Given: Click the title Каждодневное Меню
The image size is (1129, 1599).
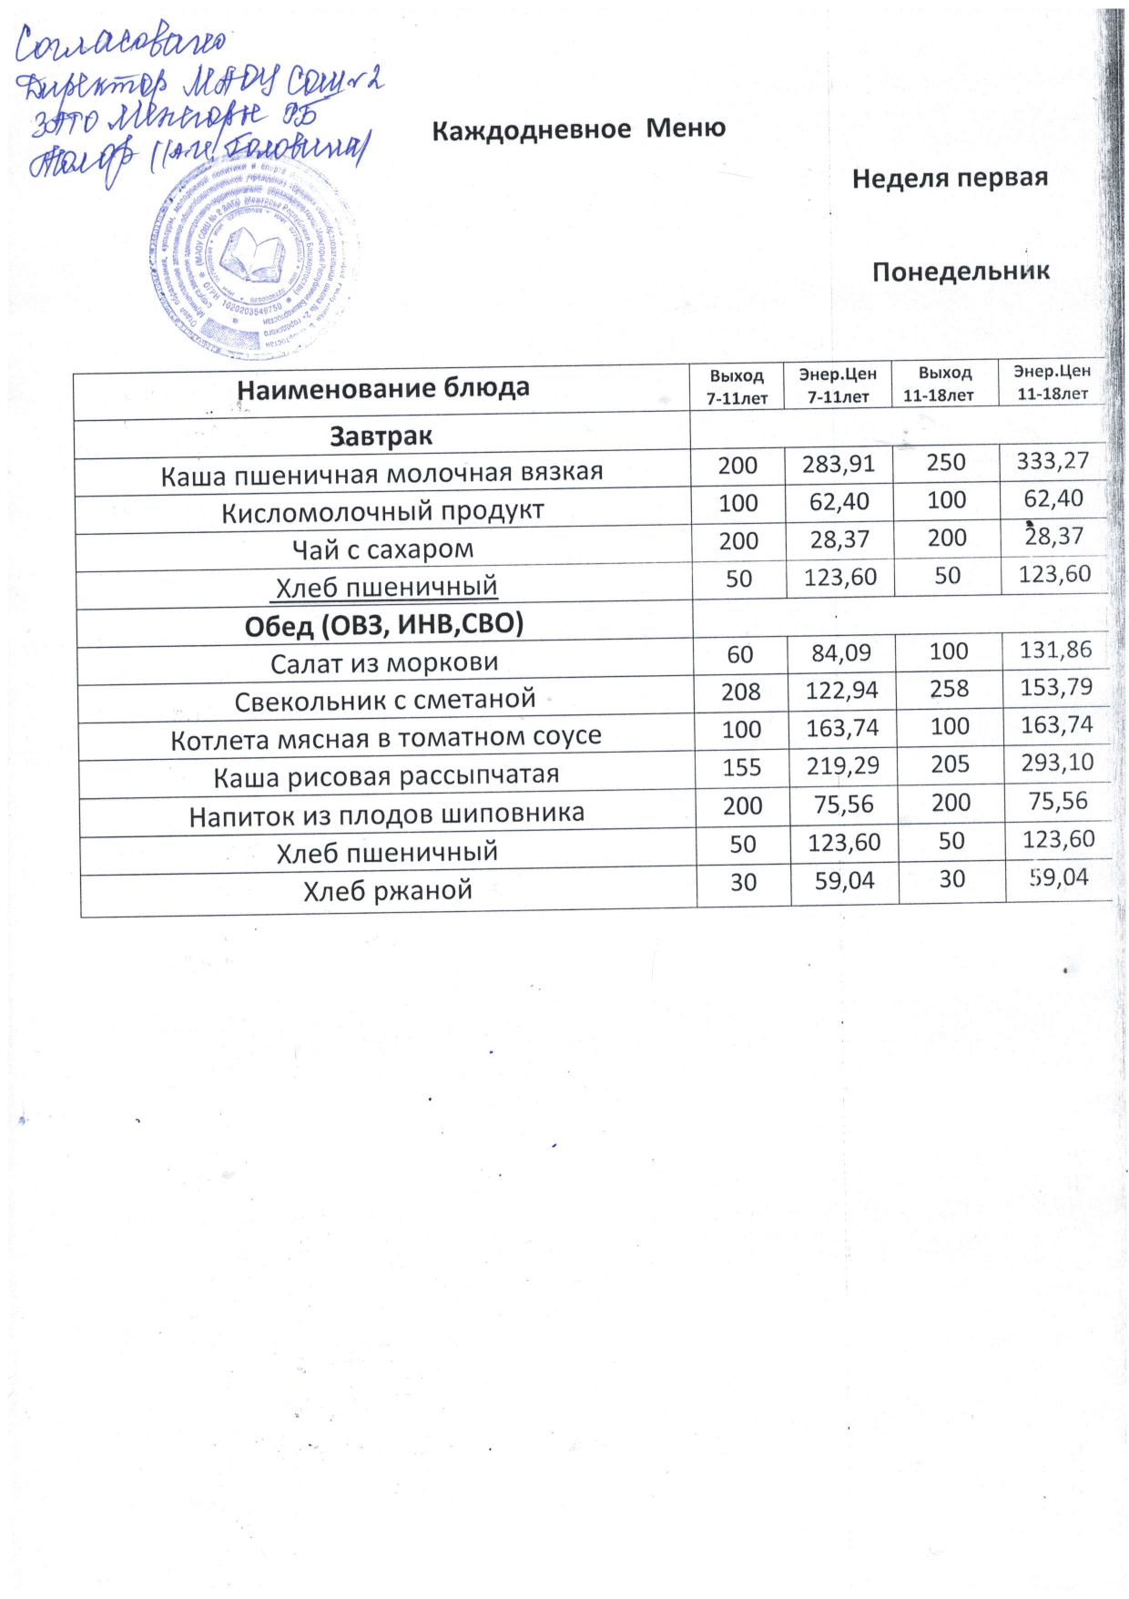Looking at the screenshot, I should (578, 129).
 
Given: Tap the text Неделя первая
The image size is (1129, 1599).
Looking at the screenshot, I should (950, 179).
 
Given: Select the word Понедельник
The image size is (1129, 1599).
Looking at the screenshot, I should (961, 272).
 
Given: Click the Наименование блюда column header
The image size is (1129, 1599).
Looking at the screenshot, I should (382, 389).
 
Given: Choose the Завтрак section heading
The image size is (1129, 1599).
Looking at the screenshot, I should (381, 436).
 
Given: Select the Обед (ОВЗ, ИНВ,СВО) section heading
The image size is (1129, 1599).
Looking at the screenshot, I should (383, 626).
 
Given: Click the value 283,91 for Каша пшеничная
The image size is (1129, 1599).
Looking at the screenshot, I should (838, 464).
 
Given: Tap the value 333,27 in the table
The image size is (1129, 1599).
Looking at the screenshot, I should (1053, 461).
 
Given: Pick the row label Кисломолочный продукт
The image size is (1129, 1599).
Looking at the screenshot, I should (382, 512).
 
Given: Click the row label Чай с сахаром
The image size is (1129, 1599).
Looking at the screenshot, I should (382, 550).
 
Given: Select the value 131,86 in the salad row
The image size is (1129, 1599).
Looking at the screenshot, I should (1055, 650).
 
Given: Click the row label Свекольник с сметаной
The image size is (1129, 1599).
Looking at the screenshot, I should (384, 701).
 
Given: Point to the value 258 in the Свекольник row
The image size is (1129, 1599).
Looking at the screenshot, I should (949, 689).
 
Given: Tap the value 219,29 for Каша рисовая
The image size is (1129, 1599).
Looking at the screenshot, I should (842, 766).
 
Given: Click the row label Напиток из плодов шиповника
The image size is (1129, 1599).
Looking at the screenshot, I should (386, 815).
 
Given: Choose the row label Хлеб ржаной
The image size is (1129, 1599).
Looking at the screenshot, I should (388, 890).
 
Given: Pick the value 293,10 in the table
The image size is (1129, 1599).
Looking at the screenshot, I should (1057, 763).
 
